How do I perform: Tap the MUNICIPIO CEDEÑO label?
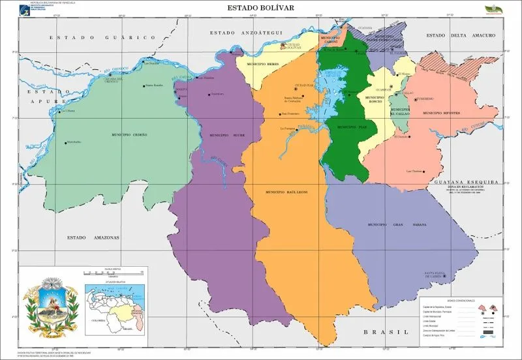(129, 134)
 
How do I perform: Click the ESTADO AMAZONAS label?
(94, 238)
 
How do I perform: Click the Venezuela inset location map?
(112, 305)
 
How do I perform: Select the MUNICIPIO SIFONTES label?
(442, 113)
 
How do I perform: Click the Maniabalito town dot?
(65, 143)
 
